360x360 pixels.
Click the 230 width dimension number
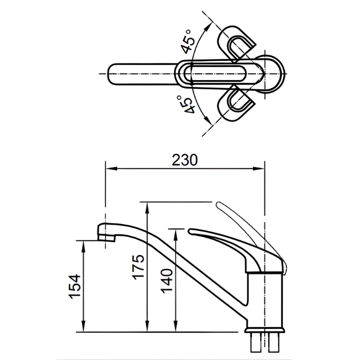point(184,160)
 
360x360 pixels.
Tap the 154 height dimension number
point(75,286)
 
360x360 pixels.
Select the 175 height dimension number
point(138,267)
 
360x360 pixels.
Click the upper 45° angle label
point(188,41)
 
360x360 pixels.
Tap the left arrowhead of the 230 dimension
point(111,168)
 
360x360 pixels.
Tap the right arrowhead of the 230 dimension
point(259,168)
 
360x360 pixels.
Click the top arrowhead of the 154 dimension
point(84,246)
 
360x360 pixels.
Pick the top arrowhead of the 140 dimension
point(176,235)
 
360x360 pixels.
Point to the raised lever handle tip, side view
point(219,203)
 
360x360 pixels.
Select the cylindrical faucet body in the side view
point(265,300)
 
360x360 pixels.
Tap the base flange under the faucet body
point(265,330)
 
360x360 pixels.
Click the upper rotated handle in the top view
point(237,43)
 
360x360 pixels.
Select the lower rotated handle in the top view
point(237,103)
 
